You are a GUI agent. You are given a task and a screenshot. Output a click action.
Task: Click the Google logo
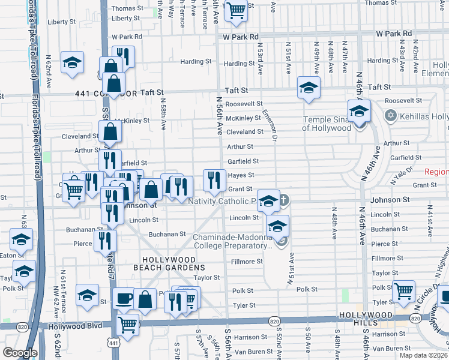pos(20,353)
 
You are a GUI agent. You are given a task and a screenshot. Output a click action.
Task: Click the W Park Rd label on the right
pos(393,33)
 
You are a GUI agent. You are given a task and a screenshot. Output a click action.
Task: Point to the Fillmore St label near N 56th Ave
pos(247,262)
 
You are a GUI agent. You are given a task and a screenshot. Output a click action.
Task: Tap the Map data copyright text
pos(423,355)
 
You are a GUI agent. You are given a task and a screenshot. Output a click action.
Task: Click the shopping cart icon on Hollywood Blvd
pos(127,324)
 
